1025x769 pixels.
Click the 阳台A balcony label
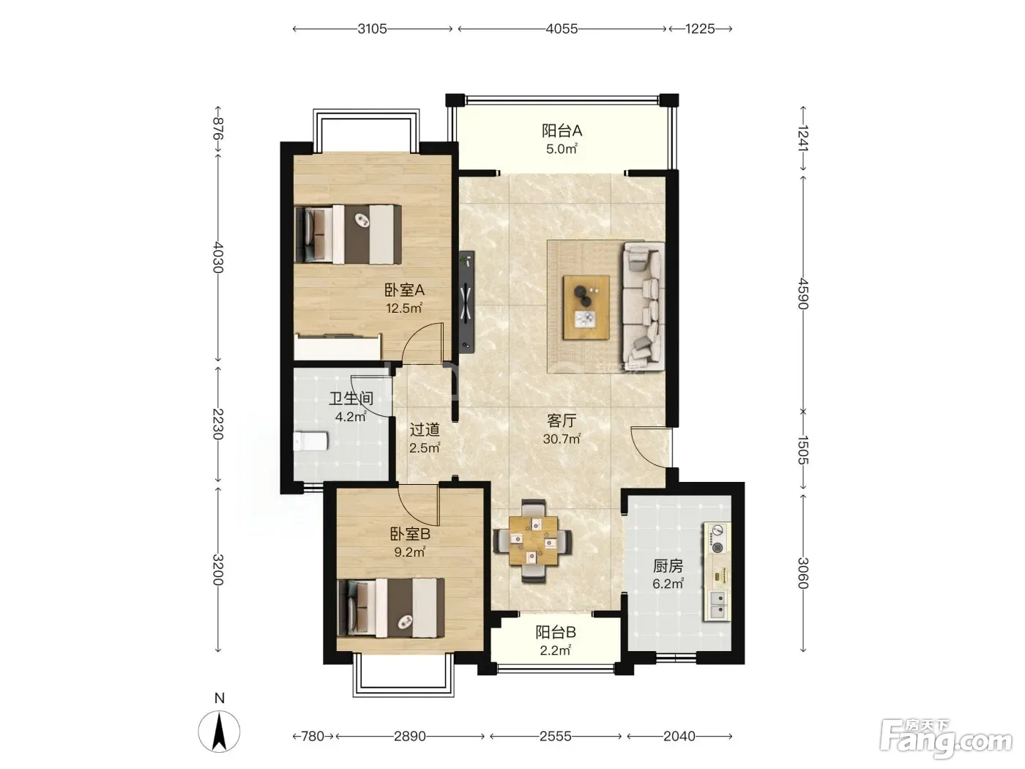(562, 131)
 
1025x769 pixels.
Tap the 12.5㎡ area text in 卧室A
(404, 308)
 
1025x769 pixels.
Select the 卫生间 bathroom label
(351, 398)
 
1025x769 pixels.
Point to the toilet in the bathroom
(310, 441)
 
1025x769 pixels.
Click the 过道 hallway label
(425, 429)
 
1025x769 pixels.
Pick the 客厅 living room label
(562, 420)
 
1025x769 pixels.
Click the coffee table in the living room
(586, 307)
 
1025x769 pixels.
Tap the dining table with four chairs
(533, 541)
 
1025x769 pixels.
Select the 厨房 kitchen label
(668, 566)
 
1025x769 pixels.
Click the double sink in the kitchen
(717, 605)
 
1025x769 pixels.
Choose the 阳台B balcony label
(555, 633)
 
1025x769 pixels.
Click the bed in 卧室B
(390, 607)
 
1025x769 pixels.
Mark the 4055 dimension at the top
(562, 29)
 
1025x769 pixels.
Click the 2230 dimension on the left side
(218, 424)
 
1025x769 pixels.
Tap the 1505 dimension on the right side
(802, 450)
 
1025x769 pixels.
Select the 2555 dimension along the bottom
(555, 736)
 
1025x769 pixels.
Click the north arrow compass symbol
(219, 731)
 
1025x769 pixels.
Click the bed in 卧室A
(348, 234)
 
